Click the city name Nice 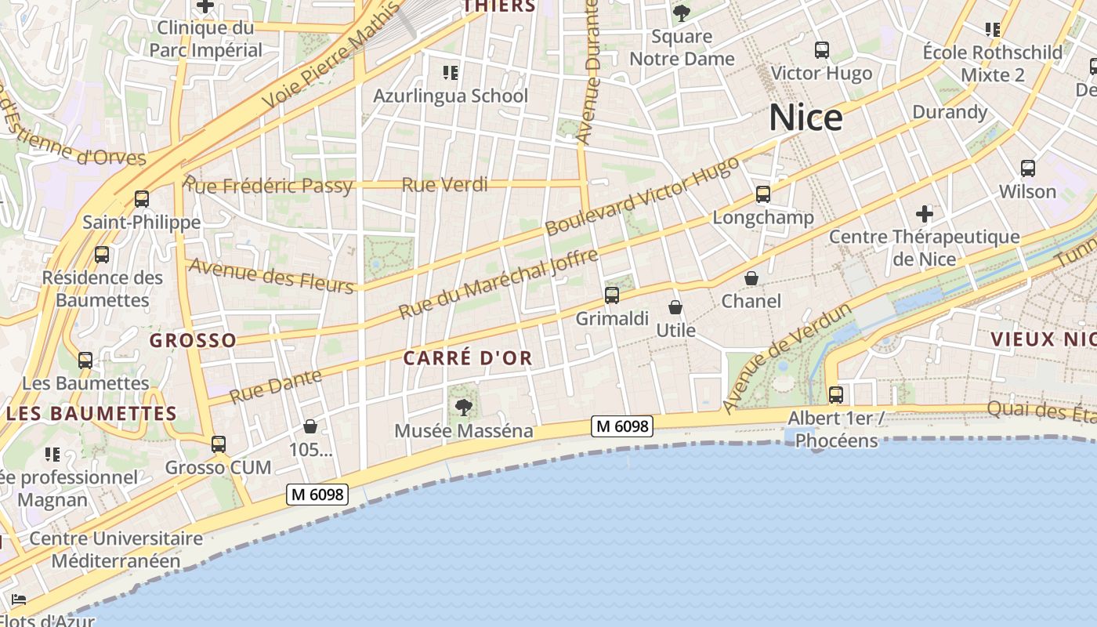click(806, 118)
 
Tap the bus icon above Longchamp click(763, 194)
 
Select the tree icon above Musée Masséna click(464, 407)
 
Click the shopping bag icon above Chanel click(751, 278)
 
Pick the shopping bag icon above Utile click(675, 307)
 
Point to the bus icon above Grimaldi click(612, 295)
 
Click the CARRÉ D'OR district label click(468, 358)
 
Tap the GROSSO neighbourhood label click(193, 340)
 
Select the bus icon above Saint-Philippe click(142, 199)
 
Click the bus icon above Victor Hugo click(822, 50)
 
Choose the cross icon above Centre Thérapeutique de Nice click(925, 213)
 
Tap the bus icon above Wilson click(1028, 168)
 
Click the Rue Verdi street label click(444, 185)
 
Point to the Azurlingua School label click(451, 96)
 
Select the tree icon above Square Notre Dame click(682, 13)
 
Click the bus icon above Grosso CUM click(219, 444)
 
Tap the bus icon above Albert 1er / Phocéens click(836, 395)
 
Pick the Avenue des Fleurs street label click(272, 275)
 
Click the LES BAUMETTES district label click(92, 413)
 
